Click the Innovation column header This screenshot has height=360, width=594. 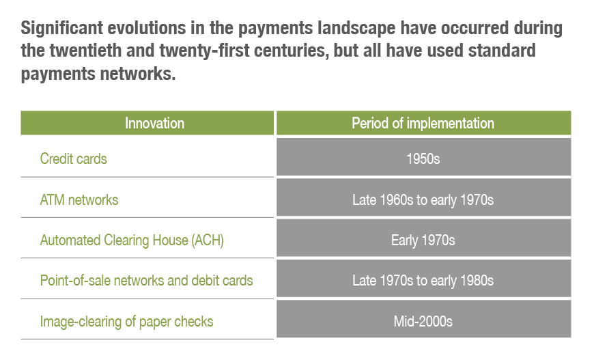coord(154,123)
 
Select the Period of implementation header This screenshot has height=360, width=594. coord(423,123)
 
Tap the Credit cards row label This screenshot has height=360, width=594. coord(74,158)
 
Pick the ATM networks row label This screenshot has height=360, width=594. coord(79,199)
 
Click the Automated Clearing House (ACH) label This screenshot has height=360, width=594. coord(132,240)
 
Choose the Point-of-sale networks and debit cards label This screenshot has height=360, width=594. coord(146,281)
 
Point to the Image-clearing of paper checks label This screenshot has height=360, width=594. coord(126,321)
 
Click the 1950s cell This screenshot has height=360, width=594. coord(423,158)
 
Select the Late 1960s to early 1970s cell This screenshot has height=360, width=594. coord(423,199)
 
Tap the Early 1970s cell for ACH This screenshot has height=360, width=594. coord(423,240)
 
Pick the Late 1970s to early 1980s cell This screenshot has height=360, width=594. coord(423,281)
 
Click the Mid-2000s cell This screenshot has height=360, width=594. coord(423,321)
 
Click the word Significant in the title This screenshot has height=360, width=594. coord(61,29)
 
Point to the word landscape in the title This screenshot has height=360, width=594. coord(356,29)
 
